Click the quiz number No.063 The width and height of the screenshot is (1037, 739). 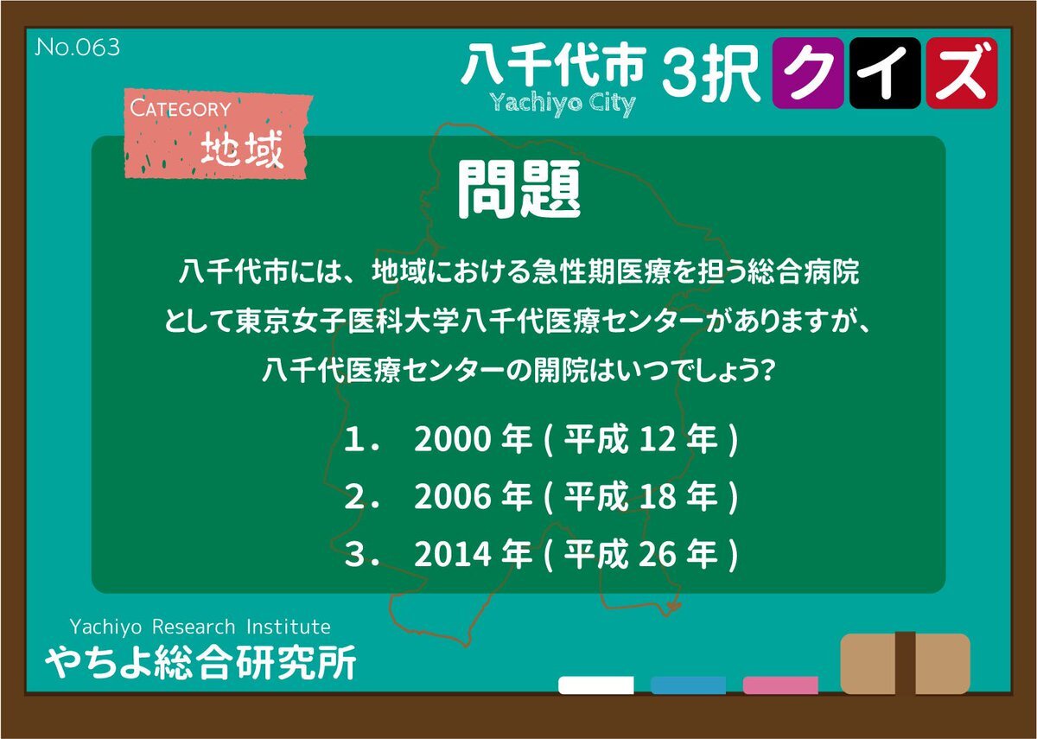coord(77,48)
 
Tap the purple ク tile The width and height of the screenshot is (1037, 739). coord(808,73)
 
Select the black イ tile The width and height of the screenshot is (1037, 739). coord(885,73)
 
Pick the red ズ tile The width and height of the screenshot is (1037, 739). coord(962,73)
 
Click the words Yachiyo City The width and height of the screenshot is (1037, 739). coord(563,104)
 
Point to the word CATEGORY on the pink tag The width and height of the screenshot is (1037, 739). coord(180,108)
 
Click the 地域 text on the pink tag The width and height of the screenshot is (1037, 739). coord(242,149)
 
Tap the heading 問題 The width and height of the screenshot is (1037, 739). coord(519,190)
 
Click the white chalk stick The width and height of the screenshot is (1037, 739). coord(595,685)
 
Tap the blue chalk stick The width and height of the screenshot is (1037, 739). coord(688,685)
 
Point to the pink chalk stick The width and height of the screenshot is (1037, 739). coord(780,685)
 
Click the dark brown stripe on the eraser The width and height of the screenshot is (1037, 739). coord(905,663)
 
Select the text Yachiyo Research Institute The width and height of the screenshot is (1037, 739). coord(200,627)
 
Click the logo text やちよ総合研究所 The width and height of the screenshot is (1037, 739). coord(200,662)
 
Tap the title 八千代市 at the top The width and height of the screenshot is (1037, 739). coord(553,67)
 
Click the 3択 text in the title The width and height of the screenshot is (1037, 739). coord(711,73)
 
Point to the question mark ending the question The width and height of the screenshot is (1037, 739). coord(767,371)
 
